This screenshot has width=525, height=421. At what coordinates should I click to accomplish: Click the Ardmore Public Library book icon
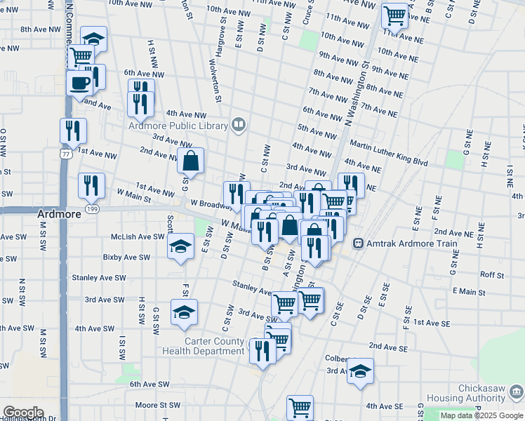pyautogui.click(x=239, y=126)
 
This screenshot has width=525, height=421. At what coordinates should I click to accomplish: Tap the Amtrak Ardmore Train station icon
pyautogui.click(x=358, y=244)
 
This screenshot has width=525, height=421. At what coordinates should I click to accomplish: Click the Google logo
pyautogui.click(x=23, y=413)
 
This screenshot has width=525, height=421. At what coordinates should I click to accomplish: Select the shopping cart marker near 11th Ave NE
pyautogui.click(x=395, y=14)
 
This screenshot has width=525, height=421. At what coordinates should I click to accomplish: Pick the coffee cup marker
pyautogui.click(x=79, y=82)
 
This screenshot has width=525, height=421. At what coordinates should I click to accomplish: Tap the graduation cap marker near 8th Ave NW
pyautogui.click(x=93, y=38)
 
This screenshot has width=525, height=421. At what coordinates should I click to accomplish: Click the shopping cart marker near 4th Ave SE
pyautogui.click(x=300, y=407)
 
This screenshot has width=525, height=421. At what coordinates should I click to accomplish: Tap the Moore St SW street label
pyautogui.click(x=158, y=405)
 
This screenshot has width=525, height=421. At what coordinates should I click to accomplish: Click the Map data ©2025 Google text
pyautogui.click(x=481, y=415)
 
